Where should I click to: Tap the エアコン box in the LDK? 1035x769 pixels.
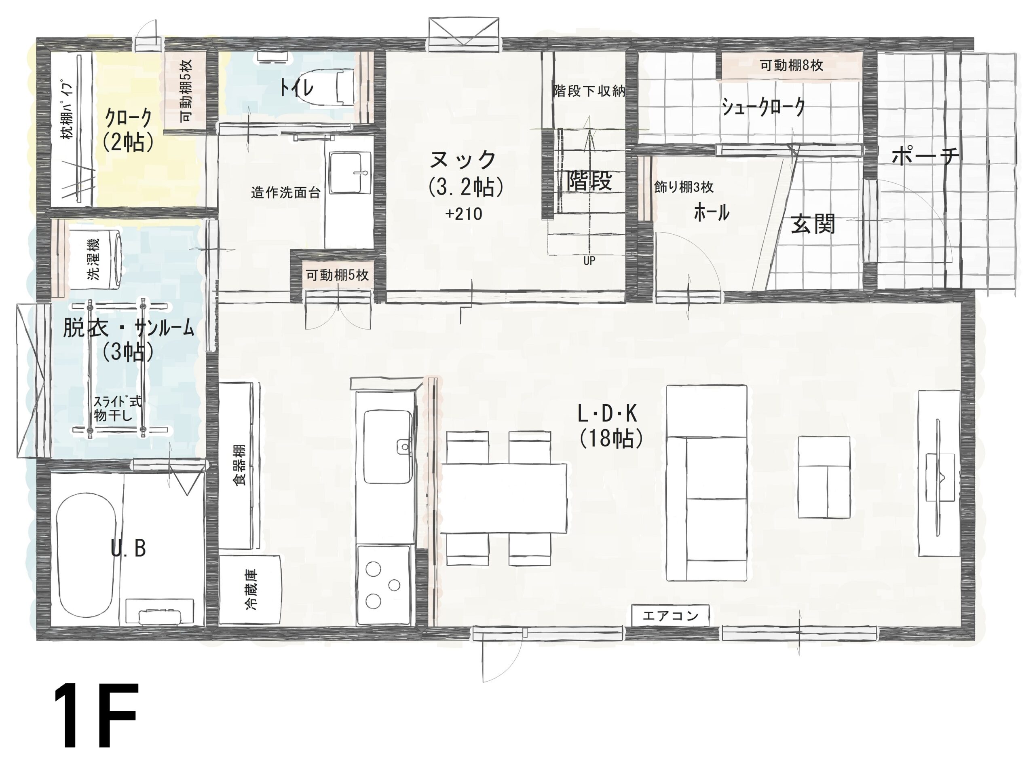[670, 616]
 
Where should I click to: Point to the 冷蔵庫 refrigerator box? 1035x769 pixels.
[250, 589]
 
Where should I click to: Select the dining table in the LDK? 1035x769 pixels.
[503, 498]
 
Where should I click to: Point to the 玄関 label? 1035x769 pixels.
[813, 224]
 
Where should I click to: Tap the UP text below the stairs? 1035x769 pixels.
[589, 261]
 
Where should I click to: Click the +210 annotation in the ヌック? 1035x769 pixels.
[464, 214]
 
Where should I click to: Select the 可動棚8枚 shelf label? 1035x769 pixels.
[791, 65]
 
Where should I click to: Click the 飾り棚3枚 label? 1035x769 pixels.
[683, 187]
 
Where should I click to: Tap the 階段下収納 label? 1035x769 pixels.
[589, 91]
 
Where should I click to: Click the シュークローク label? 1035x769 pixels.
[763, 108]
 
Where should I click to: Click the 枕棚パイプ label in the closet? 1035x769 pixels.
[68, 110]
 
